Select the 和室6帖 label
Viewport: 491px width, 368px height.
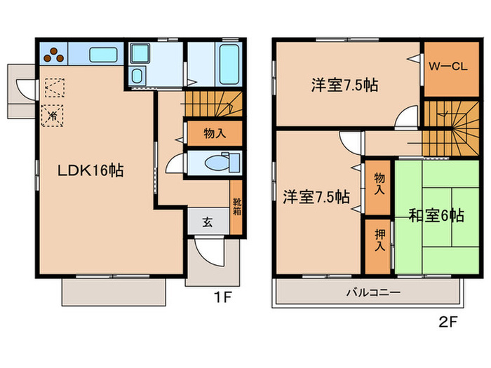click(x=436, y=216)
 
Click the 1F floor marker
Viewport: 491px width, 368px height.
click(x=223, y=297)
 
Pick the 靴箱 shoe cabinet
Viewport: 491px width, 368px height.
click(x=236, y=208)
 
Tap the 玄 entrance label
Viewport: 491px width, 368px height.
click(x=208, y=223)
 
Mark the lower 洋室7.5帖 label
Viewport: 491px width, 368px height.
click(x=315, y=197)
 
